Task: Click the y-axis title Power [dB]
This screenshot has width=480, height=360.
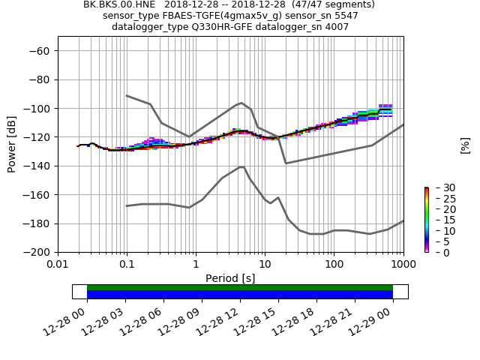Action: point(12,144)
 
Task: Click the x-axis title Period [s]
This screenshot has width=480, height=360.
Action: point(230,278)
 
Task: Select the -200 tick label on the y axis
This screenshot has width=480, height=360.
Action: point(37,253)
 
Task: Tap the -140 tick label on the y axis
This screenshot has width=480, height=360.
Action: point(37,166)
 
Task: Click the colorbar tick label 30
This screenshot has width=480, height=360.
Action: point(439,187)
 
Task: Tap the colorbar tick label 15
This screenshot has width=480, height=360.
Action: point(439,220)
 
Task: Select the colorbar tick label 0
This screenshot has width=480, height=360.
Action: point(436,253)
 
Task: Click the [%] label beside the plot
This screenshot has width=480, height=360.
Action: point(465,145)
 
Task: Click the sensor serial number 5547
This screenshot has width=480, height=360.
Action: point(345,16)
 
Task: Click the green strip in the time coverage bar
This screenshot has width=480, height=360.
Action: point(240,287)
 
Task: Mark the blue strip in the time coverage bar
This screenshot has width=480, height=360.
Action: point(240,295)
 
